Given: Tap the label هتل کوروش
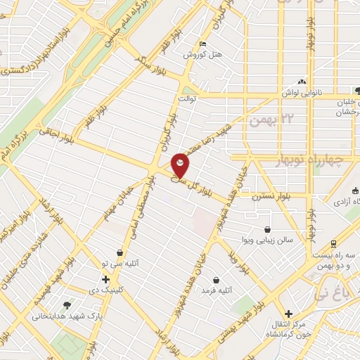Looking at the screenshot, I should pyautogui.click(x=202, y=54).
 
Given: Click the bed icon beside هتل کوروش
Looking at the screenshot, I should pyautogui.click(x=202, y=44).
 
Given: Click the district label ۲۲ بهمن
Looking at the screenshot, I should pyautogui.click(x=270, y=119).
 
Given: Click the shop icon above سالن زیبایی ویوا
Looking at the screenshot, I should pyautogui.click(x=267, y=229).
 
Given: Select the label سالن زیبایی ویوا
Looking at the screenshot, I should pyautogui.click(x=268, y=240).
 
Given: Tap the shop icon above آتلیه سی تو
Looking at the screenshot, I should pyautogui.click(x=120, y=252).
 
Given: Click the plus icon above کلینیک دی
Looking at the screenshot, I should pyautogui.click(x=105, y=278).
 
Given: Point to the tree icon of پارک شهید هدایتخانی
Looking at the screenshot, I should pyautogui.click(x=67, y=305).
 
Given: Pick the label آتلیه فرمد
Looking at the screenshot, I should pyautogui.click(x=217, y=290).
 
